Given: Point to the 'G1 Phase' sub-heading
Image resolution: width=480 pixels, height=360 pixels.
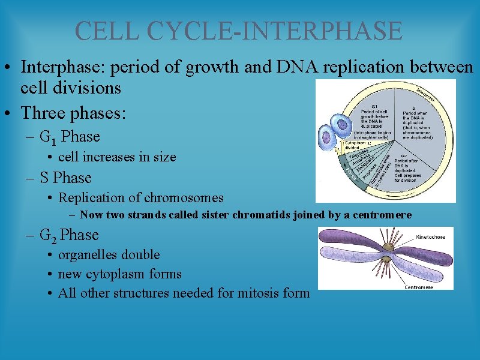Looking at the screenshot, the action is (x=70, y=137).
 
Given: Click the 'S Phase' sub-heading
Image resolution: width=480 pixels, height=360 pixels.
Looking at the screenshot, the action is (x=65, y=178).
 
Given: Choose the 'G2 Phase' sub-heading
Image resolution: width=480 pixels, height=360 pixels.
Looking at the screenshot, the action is (x=69, y=235).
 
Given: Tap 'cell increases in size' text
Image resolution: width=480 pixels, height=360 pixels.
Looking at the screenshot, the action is (x=117, y=157).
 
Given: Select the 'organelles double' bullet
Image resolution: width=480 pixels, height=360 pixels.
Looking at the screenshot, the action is (x=109, y=255).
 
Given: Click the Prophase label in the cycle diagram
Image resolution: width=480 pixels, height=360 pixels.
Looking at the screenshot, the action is (x=366, y=170).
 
